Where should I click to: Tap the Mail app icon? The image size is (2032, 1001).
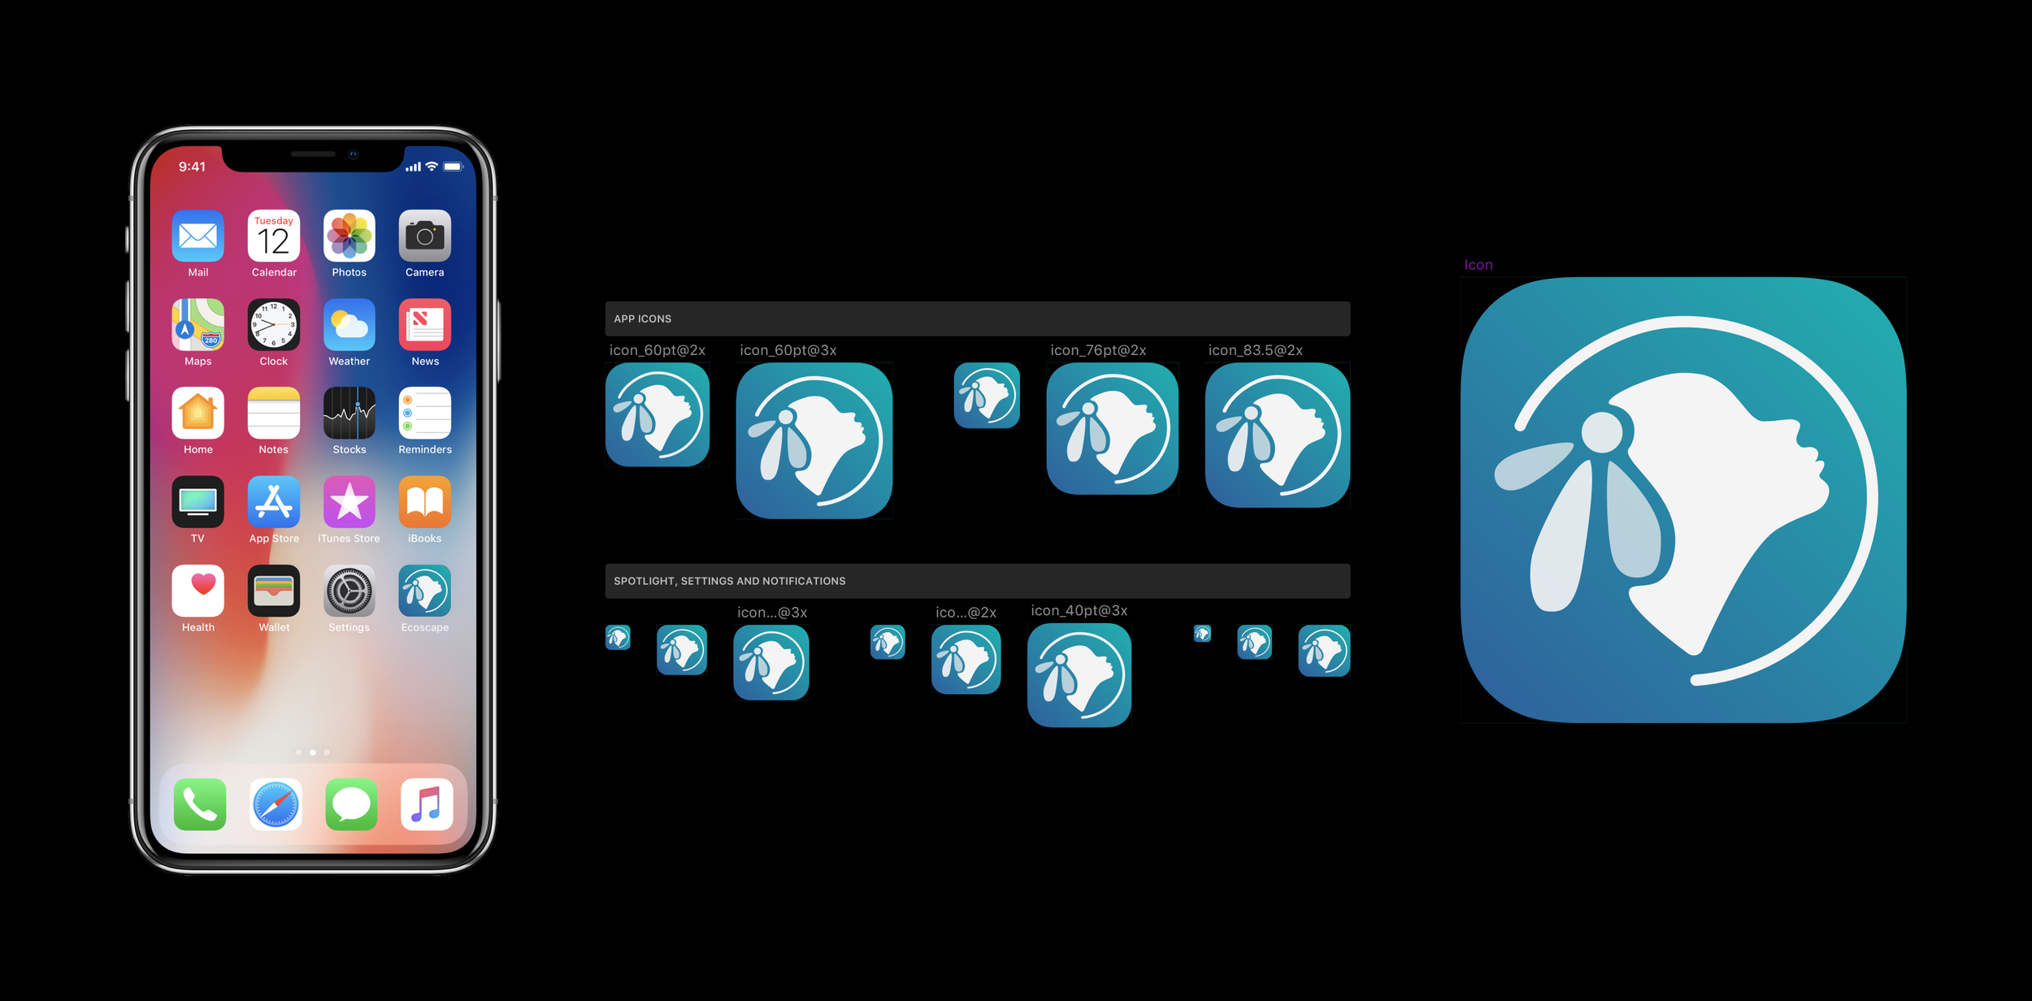point(198,236)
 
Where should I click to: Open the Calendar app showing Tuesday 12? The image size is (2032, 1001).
point(274,236)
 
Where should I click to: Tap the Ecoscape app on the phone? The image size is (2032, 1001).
point(424,591)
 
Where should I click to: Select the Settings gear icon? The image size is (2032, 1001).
point(350,591)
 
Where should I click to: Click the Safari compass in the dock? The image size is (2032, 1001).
point(276,804)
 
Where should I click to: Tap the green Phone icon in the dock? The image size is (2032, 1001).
point(200,804)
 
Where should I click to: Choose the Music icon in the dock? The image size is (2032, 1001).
point(427,804)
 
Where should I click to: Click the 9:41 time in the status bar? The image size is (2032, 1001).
point(192,167)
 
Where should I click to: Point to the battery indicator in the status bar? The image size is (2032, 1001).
point(453,167)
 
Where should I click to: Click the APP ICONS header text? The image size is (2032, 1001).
point(642,319)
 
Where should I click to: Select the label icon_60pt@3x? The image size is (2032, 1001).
point(788,350)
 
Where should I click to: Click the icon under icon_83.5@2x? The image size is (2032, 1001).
point(1277,435)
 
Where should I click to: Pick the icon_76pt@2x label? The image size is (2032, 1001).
point(1097,350)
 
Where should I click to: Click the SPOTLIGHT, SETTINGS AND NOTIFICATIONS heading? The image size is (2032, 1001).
point(729,581)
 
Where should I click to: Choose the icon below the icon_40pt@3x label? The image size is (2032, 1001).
point(1079,675)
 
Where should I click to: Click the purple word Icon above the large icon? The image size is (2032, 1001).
point(1478,265)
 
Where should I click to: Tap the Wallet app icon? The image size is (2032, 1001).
point(274,591)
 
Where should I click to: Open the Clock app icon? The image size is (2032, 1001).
point(274,325)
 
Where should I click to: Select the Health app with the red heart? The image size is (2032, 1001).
point(198,591)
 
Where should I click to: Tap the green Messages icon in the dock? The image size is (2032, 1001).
point(351,804)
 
